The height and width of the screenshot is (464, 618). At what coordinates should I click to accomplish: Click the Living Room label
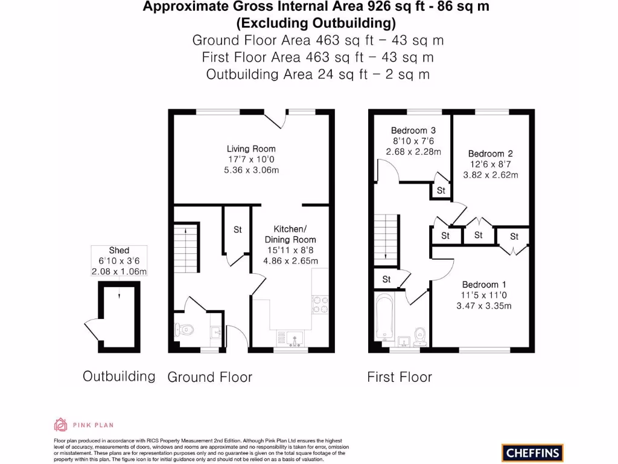[251, 149]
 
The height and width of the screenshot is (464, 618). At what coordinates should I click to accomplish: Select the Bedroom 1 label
[484, 285]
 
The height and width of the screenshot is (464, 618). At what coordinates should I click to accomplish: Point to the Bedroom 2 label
[490, 153]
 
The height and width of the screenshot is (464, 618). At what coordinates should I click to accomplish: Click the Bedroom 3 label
[413, 130]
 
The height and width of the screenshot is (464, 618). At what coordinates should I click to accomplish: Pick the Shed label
[119, 250]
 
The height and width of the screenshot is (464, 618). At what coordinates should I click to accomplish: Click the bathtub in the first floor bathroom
[384, 317]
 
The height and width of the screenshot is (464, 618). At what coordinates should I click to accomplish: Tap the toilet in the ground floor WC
[185, 330]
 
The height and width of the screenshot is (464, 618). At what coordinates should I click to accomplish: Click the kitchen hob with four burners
[320, 303]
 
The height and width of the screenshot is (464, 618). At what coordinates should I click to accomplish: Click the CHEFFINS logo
[532, 452]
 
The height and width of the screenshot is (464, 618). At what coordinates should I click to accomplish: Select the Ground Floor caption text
[209, 377]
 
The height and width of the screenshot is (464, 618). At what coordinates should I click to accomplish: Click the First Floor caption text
[400, 377]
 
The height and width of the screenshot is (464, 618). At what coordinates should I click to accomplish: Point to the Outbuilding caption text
[119, 376]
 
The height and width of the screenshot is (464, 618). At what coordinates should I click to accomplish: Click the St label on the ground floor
[238, 230]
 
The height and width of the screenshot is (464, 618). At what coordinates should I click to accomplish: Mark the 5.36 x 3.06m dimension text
[251, 170]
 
